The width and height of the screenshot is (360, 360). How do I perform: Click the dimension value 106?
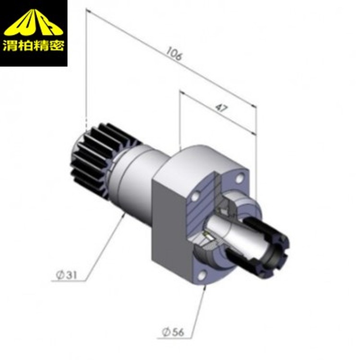click(x=174, y=54)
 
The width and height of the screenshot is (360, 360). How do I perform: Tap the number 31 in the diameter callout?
click(x=72, y=275)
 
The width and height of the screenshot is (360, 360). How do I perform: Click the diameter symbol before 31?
click(x=60, y=275)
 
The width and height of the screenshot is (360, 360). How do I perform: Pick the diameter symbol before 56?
click(x=166, y=332)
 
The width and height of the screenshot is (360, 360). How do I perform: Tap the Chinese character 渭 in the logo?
click(x=10, y=45)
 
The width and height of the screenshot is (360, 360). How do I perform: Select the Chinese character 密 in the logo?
click(x=57, y=45)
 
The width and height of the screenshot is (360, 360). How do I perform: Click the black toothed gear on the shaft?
click(x=101, y=158)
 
